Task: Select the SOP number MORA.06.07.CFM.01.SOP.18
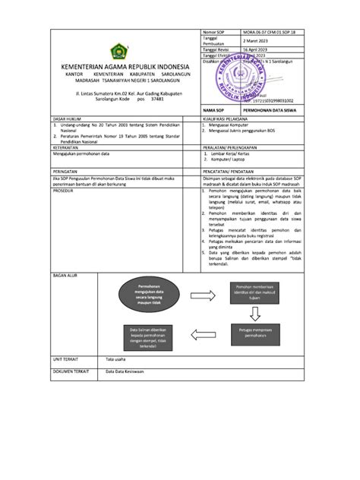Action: pyautogui.click(x=270, y=34)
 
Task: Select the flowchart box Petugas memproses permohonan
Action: pyautogui.click(x=253, y=331)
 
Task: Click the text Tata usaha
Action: pyautogui.click(x=117, y=358)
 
